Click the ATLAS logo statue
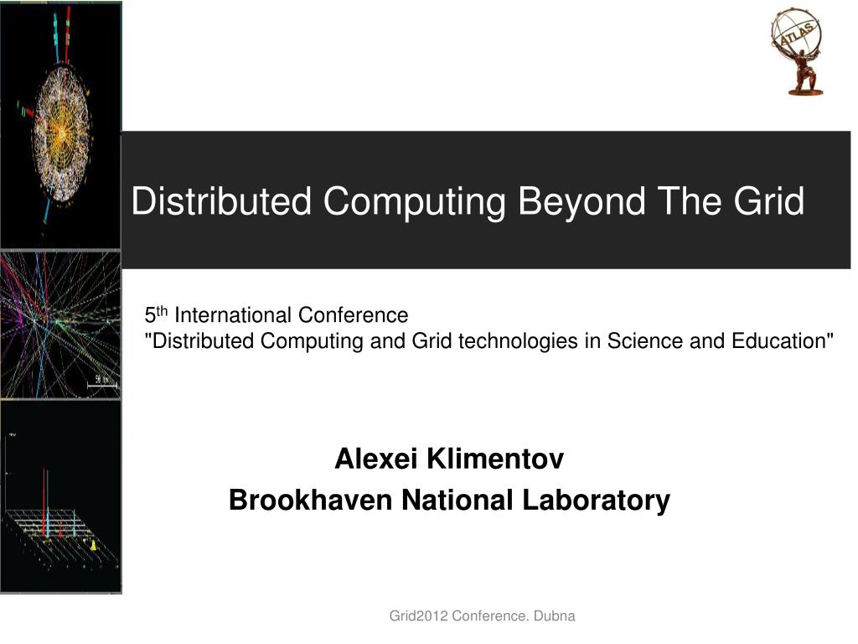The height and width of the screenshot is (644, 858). click(797, 51)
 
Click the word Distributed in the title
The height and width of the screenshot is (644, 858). click(221, 201)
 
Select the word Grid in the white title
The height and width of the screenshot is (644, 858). click(769, 201)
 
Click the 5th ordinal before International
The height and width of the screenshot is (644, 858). click(156, 315)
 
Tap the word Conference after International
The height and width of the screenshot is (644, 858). click(353, 315)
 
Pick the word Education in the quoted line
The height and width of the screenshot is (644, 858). click(783, 340)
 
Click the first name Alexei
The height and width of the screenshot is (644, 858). click(376, 459)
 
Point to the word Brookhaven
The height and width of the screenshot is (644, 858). click(310, 500)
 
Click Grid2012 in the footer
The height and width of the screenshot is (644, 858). click(419, 616)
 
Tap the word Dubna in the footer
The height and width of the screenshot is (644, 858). click(555, 616)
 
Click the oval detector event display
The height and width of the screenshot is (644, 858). click(61, 132)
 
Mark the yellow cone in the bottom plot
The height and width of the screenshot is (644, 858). click(94, 545)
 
